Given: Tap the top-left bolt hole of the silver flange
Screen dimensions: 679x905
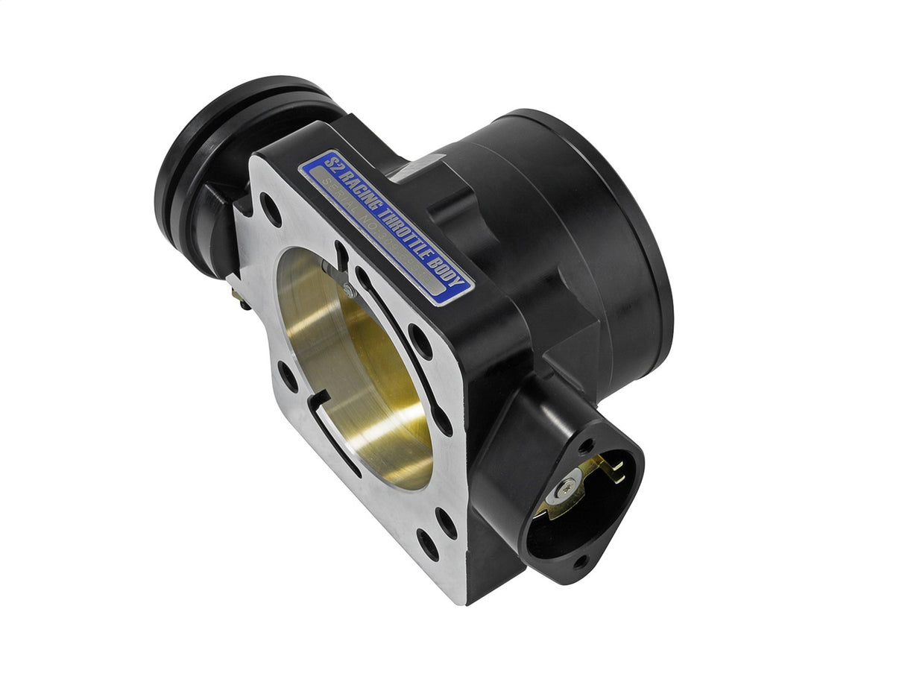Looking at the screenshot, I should pos(271,209).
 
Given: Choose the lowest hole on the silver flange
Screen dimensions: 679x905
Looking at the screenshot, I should pos(428,544).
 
